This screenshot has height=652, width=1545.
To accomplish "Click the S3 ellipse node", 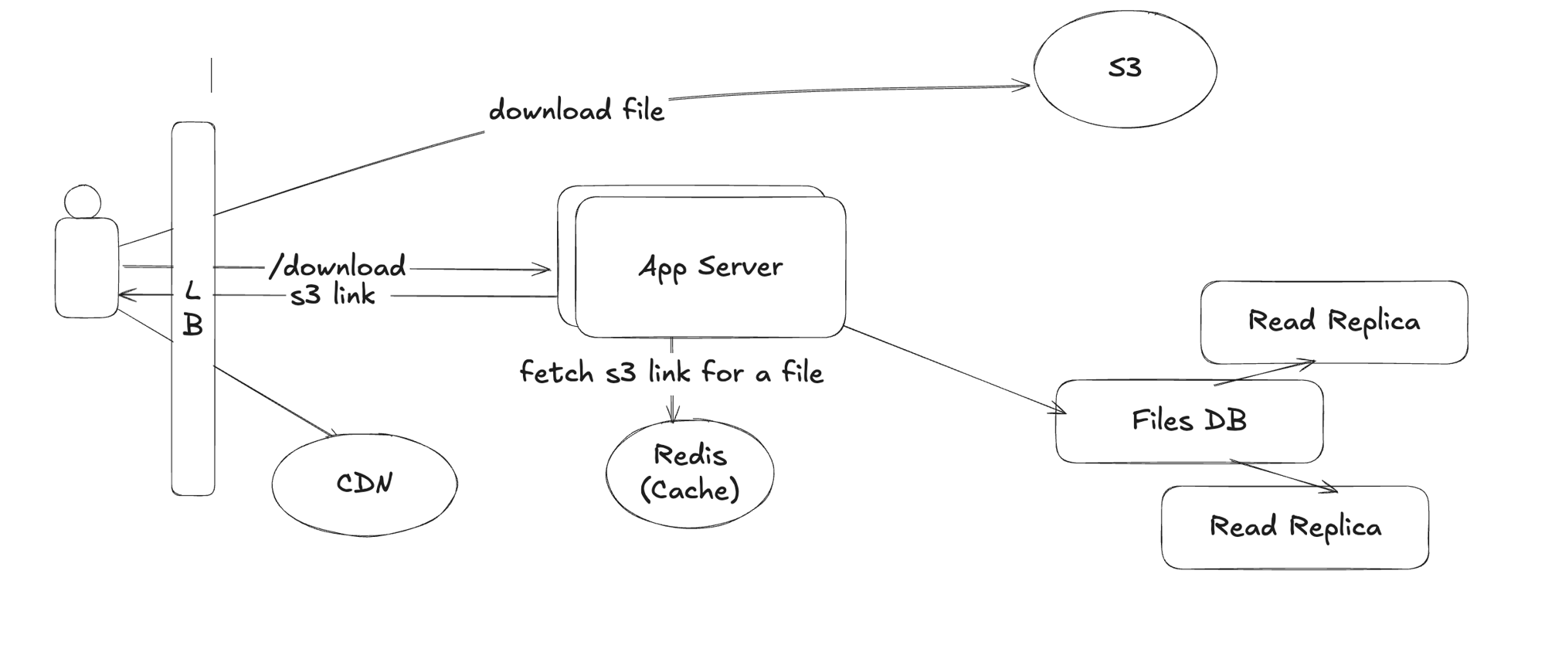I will click(1125, 69).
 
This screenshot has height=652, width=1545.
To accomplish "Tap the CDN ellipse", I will click(364, 484).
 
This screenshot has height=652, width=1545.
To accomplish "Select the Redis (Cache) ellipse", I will click(689, 473).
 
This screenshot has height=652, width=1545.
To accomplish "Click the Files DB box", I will click(1189, 421).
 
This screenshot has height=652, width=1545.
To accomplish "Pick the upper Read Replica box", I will click(1333, 321).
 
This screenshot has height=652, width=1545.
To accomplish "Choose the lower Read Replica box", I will click(1295, 528).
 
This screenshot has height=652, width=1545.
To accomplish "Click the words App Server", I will click(710, 267).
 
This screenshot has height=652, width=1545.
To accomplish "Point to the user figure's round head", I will click(83, 202).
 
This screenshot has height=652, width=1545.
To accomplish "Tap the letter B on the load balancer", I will click(192, 325).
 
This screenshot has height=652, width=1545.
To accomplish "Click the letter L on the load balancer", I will click(192, 291).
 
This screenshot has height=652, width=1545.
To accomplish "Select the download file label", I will click(576, 110).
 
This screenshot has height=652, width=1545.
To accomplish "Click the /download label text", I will click(338, 267).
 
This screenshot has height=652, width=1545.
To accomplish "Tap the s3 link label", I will click(333, 295).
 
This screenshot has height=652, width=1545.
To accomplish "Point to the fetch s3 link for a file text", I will click(671, 373).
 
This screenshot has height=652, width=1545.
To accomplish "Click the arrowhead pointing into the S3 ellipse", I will click(1024, 86).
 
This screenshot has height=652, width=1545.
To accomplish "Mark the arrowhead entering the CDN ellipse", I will click(332, 433).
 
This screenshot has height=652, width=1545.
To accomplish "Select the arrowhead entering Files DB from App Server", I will click(1060, 411).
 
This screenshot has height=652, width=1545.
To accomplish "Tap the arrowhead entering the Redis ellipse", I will click(673, 418).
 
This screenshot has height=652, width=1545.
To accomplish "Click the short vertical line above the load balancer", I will click(211, 76).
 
